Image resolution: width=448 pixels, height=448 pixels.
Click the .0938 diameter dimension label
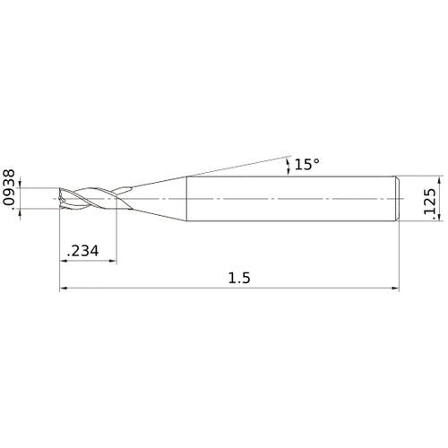(9, 187)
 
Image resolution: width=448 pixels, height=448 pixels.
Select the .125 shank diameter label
(430, 202)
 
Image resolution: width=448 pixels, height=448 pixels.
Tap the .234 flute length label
(82, 251)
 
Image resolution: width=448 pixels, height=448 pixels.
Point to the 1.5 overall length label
(239, 278)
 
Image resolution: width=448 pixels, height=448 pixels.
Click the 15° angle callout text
(307, 164)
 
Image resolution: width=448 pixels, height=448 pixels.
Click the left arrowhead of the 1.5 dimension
(64, 289)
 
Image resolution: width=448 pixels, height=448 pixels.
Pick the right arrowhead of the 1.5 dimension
(395, 289)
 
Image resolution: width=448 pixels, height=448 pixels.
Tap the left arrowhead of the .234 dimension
(64, 261)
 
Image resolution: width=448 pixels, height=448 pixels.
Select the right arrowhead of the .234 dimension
(113, 261)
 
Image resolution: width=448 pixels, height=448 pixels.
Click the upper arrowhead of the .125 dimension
(439, 180)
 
